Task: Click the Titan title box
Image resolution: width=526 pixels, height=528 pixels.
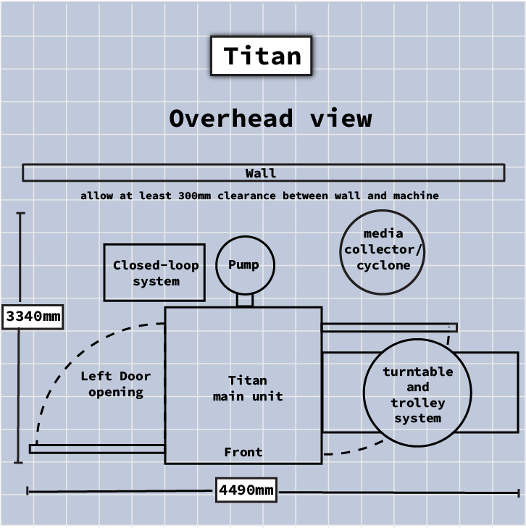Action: [261, 56]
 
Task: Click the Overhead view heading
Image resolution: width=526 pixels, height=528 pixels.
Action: [270, 118]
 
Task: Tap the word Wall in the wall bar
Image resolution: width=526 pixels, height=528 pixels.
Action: [261, 173]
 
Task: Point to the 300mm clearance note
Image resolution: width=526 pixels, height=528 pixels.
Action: [259, 196]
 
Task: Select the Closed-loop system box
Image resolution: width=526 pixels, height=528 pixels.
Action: [155, 272]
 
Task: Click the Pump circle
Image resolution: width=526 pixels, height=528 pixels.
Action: [245, 264]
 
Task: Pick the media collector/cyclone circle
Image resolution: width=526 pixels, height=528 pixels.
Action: [383, 251]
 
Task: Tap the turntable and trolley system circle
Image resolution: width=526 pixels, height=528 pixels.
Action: [417, 395]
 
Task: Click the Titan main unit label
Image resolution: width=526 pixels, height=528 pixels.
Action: [247, 388]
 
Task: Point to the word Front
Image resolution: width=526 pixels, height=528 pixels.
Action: [243, 452]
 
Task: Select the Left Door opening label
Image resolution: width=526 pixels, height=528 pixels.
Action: [116, 384]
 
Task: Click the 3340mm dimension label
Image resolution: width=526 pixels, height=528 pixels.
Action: [33, 317]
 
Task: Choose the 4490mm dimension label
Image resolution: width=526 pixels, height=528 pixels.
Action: [246, 490]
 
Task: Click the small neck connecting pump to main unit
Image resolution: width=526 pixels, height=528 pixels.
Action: [245, 299]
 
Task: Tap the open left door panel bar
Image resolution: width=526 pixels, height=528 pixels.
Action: [97, 449]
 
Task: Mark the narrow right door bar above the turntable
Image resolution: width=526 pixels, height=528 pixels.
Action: [389, 327]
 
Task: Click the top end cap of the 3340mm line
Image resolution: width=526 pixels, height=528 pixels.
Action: [20, 214]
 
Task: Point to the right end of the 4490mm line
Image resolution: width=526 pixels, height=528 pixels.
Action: [519, 493]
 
